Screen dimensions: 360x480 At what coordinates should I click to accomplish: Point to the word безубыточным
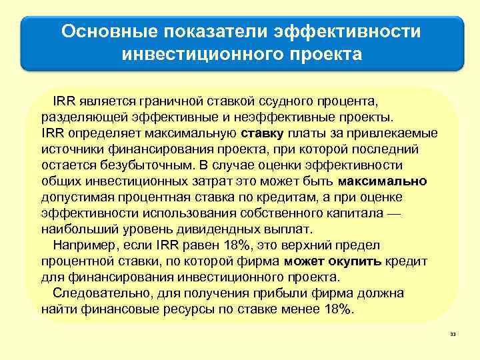pos(142,165)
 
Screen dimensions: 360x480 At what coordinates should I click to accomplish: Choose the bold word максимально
pos(383,181)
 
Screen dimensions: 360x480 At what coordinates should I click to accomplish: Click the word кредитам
pos(268,196)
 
